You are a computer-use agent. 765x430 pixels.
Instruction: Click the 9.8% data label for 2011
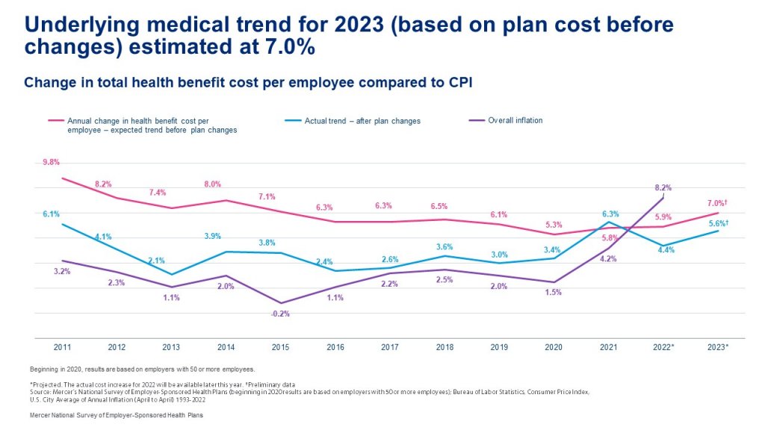(x=51, y=162)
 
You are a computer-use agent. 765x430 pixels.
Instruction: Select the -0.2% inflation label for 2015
(x=280, y=314)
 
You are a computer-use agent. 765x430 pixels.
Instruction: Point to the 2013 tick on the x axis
(x=171, y=348)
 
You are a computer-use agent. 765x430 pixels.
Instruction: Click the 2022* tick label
(x=663, y=348)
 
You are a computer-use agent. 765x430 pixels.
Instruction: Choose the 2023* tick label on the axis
(x=717, y=348)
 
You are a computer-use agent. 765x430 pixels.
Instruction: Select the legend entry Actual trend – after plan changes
(x=352, y=121)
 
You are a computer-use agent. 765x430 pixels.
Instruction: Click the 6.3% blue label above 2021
(x=609, y=214)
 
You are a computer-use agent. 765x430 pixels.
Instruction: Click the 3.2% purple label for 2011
(x=62, y=272)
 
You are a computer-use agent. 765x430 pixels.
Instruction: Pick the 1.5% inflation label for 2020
(x=554, y=293)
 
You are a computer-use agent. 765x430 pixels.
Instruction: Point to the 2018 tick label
(x=444, y=348)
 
